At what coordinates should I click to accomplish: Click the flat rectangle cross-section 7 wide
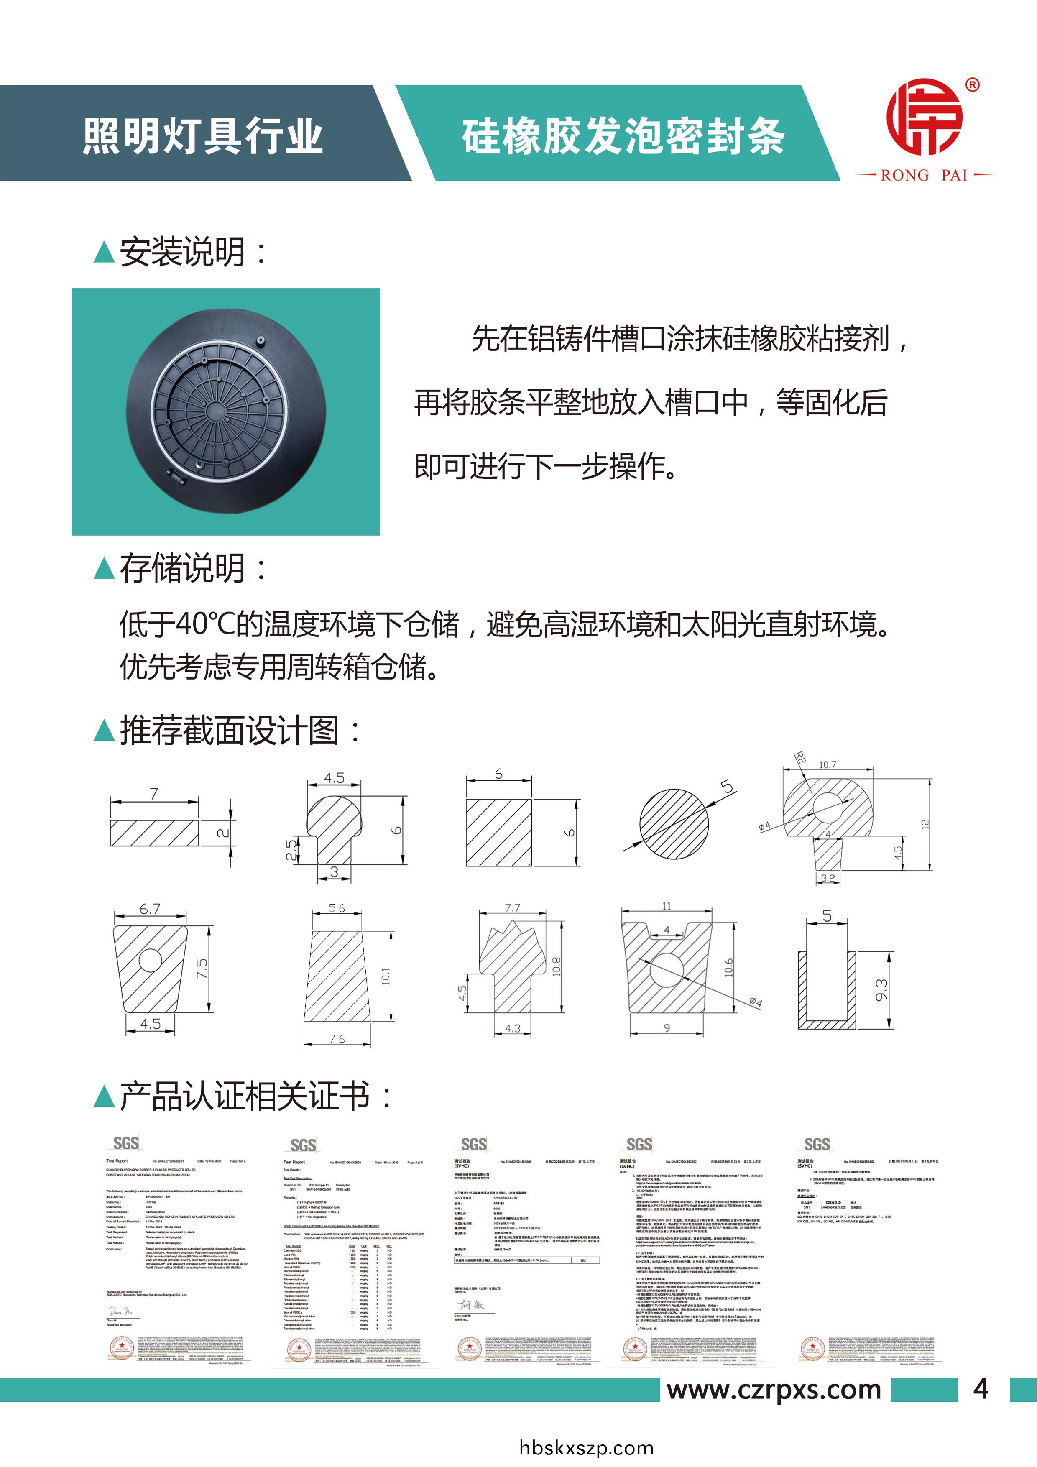coord(154,833)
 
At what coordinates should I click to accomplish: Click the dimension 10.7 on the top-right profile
coord(828,765)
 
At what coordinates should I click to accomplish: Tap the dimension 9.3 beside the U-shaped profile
coord(881,990)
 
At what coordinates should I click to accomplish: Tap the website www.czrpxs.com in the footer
coord(774,1390)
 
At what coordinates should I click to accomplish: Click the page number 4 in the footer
coord(981,1390)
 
